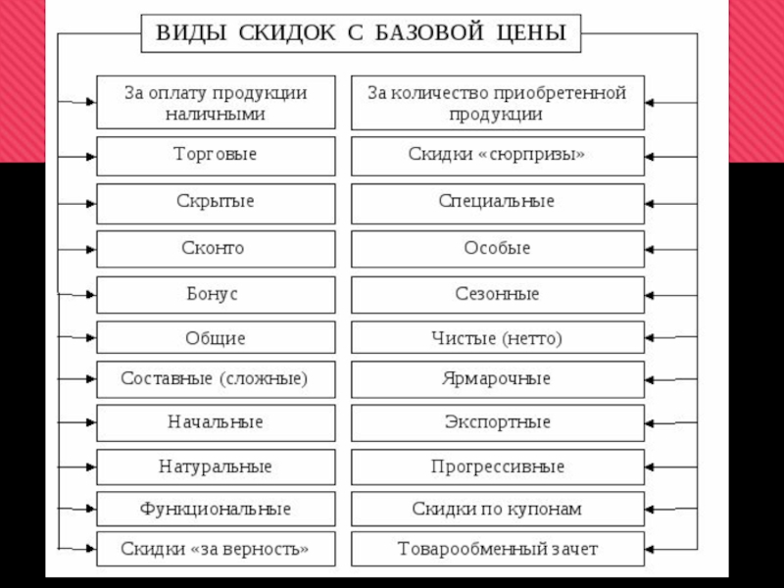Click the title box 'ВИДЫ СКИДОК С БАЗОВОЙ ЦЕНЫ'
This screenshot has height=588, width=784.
point(361,33)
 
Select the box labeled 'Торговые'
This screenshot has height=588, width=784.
point(216,156)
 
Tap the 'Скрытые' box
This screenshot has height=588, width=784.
point(216,201)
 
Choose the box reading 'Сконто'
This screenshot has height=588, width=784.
point(216,248)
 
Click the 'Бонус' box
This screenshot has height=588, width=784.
point(216,294)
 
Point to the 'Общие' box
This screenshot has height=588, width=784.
point(216,339)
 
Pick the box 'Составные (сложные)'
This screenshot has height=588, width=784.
point(216,378)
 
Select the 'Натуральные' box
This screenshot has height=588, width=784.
point(216,467)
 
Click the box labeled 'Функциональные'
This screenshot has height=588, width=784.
point(216,510)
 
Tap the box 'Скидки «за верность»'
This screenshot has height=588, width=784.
point(216,549)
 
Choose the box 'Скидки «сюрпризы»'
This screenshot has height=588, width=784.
point(497,156)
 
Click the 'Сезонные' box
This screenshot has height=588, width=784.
point(497,294)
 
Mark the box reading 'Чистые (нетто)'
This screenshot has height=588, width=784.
point(497,339)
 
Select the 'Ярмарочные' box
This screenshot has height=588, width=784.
point(497,378)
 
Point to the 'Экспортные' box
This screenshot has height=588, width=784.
point(497,422)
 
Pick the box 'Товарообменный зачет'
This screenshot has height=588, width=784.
point(497,549)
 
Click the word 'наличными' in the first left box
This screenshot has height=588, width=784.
point(216,114)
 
